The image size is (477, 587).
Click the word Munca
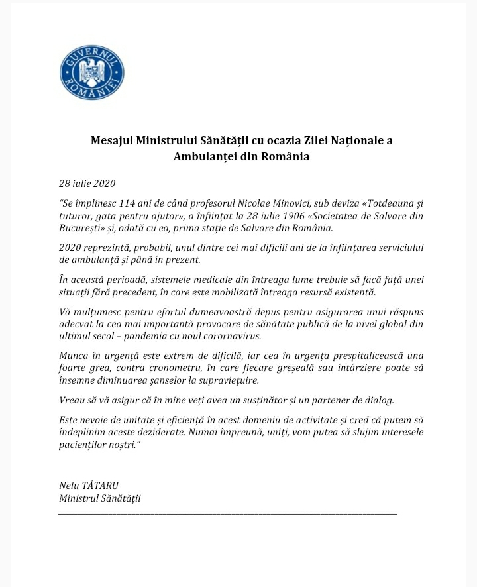74,357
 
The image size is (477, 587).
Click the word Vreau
72,400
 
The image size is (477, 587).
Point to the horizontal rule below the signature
228,513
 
